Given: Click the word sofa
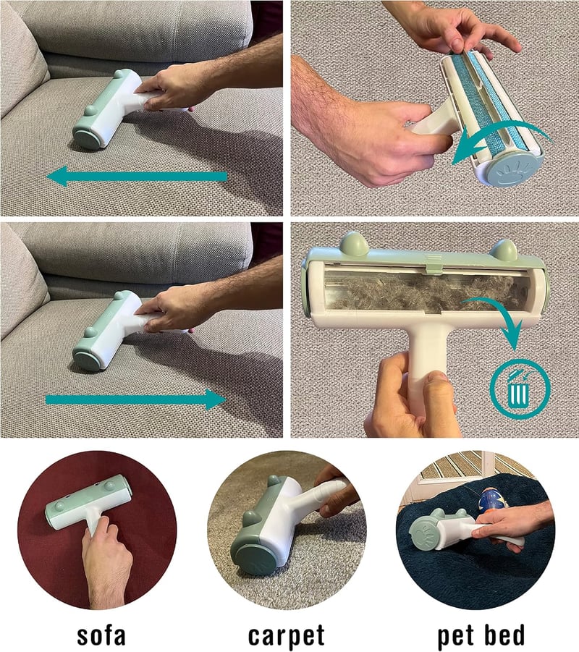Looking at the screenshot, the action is click(x=101, y=635).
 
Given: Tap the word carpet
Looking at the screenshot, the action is click(x=286, y=635).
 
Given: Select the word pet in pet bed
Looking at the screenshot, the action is click(x=457, y=636).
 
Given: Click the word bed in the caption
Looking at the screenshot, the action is click(x=504, y=635).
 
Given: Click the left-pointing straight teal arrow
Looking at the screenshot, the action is click(x=138, y=177).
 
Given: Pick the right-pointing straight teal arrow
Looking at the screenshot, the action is click(x=135, y=399).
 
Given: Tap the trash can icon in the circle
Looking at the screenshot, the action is click(x=519, y=389).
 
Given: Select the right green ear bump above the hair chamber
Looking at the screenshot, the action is click(x=503, y=249).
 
